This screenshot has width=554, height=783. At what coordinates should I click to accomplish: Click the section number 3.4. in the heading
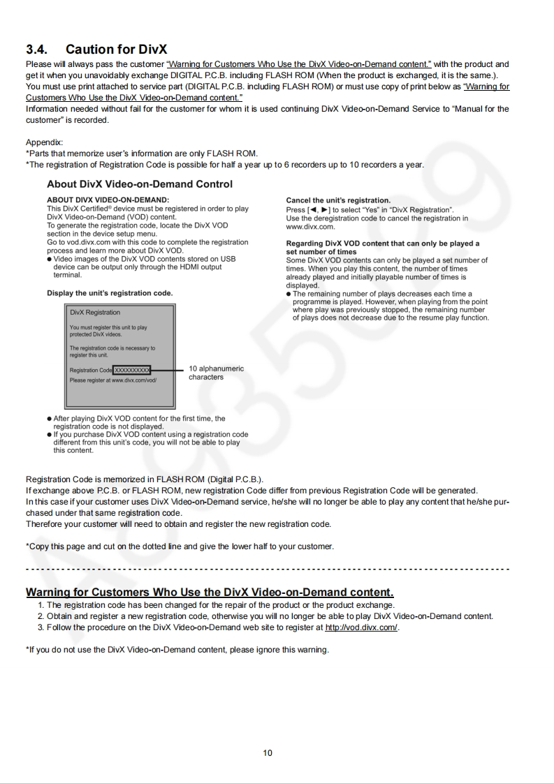click(x=39, y=50)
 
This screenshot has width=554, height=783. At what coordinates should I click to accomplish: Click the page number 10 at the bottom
click(x=268, y=753)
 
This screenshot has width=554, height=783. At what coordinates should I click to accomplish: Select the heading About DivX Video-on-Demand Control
click(x=140, y=184)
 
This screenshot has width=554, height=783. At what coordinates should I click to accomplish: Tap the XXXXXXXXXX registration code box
click(x=132, y=370)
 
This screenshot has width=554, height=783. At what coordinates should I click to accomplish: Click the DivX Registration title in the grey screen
click(x=95, y=313)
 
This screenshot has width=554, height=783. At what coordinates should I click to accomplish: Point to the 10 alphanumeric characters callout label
click(x=216, y=373)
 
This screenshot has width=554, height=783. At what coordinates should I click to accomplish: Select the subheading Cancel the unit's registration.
click(x=338, y=200)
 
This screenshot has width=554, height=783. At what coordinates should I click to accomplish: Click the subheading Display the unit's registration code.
click(x=110, y=292)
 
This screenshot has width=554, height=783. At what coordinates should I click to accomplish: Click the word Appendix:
click(x=44, y=142)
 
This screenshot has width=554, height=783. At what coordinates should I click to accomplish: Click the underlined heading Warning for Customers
click(x=210, y=592)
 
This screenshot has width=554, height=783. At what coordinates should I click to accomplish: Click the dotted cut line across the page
click(x=268, y=569)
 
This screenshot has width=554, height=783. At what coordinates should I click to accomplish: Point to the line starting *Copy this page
click(x=180, y=546)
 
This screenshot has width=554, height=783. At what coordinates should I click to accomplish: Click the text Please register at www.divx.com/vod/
click(x=113, y=380)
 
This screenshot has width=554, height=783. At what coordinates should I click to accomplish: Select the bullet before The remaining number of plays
click(x=289, y=294)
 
